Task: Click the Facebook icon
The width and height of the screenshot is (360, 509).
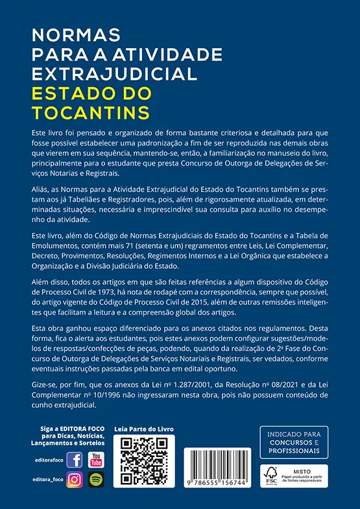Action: pyautogui.click(x=75, y=460)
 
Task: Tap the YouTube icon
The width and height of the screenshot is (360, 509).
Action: pyautogui.click(x=97, y=460)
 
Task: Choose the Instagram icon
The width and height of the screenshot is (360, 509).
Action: pyautogui.click(x=75, y=480)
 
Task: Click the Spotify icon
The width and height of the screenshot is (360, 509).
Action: pyautogui.click(x=97, y=480)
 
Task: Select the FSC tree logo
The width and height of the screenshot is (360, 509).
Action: pyautogui.click(x=270, y=476)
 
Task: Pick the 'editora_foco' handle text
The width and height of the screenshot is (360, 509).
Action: pyautogui.click(x=47, y=480)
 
